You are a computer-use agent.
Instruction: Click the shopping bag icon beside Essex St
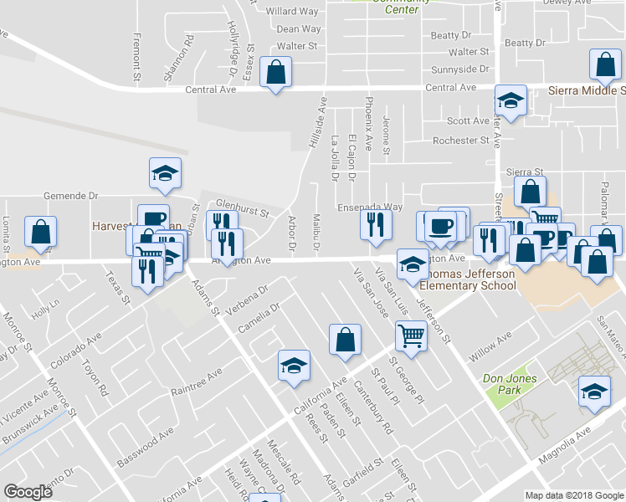pyautogui.click(x=275, y=72)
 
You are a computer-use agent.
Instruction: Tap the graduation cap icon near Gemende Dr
pyautogui.click(x=165, y=173)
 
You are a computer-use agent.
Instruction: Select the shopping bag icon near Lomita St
pyautogui.click(x=40, y=233)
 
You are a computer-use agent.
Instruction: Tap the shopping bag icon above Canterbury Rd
pyautogui.click(x=345, y=340)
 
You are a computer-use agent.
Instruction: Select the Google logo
pyautogui.click(x=28, y=492)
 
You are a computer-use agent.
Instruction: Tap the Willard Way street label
pyautogui.click(x=292, y=12)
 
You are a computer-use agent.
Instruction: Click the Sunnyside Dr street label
pyautogui.click(x=459, y=69)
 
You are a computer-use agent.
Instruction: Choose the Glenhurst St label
pyautogui.click(x=242, y=207)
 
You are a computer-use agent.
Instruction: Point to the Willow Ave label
pyautogui.click(x=490, y=346)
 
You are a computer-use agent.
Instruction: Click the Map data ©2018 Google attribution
pyautogui.click(x=573, y=495)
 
